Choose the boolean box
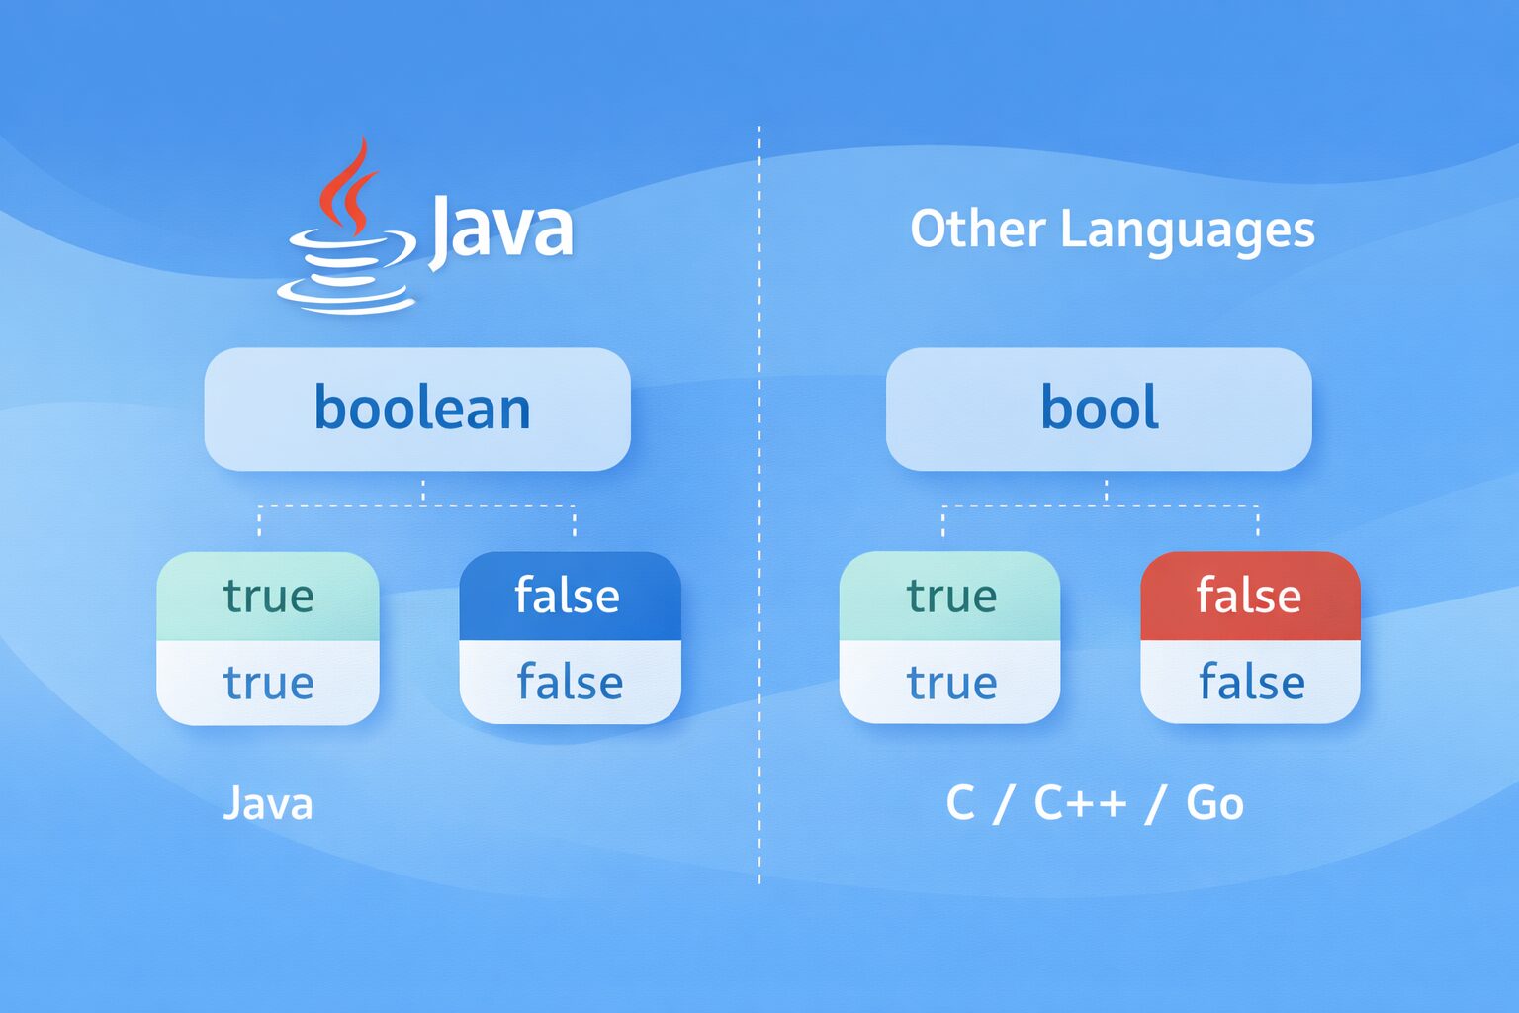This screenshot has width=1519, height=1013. click(417, 410)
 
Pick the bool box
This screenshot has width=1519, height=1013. click(1099, 410)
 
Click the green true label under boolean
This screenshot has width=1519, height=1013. click(268, 596)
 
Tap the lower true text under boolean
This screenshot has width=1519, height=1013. click(269, 682)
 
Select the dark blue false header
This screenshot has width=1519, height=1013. click(571, 596)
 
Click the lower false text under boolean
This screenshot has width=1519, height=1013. click(570, 682)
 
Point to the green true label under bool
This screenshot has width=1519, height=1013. click(950, 596)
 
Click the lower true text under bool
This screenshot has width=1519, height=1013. click(951, 682)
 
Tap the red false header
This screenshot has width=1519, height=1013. click(1250, 596)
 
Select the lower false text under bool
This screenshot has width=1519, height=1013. click(1252, 682)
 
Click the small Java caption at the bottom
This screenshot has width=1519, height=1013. click(268, 804)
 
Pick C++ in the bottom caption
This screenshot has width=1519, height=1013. click(1080, 803)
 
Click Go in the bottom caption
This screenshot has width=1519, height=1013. click(1214, 803)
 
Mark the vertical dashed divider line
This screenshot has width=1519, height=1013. click(759, 505)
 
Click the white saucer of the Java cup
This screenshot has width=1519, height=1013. click(346, 296)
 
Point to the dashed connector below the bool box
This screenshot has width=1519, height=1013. click(1101, 506)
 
